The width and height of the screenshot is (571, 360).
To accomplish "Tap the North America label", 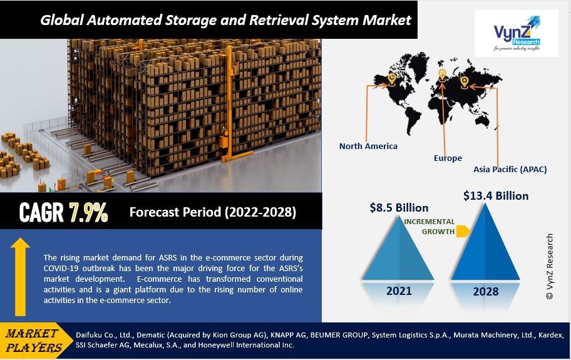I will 368,146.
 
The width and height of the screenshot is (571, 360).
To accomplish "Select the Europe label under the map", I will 448,158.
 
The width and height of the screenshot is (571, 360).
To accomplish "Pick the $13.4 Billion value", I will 496,196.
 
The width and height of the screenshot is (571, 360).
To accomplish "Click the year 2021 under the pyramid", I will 399,291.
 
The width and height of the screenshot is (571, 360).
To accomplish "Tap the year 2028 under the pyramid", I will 486,291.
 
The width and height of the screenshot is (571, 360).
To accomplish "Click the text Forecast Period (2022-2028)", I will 213,212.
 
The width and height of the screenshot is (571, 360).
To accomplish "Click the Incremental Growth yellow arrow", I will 463,232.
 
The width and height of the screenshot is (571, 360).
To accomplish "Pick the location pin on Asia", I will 464,81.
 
